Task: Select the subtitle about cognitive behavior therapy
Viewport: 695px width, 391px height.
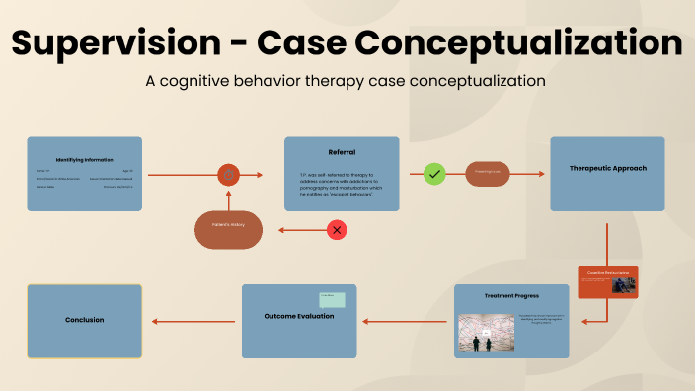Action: [347, 79]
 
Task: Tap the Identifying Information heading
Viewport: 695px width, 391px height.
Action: [84, 159]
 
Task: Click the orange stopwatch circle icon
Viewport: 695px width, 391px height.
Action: [229, 175]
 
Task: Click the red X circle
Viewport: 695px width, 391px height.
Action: [338, 230]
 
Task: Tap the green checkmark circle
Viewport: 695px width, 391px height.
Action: [434, 175]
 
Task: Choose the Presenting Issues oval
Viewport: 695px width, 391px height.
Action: [488, 174]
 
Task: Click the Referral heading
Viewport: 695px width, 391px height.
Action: [342, 152]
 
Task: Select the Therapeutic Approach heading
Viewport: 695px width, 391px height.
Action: [607, 168]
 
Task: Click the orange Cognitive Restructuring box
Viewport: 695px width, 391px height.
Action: [608, 281]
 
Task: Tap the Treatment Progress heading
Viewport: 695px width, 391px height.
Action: [511, 295]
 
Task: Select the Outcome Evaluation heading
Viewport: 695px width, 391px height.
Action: [298, 316]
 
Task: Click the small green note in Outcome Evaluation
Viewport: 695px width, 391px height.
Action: [332, 300]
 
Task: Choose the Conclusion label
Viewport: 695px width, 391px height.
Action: [84, 320]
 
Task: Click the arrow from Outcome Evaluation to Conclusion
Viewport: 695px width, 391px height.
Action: [193, 321]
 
